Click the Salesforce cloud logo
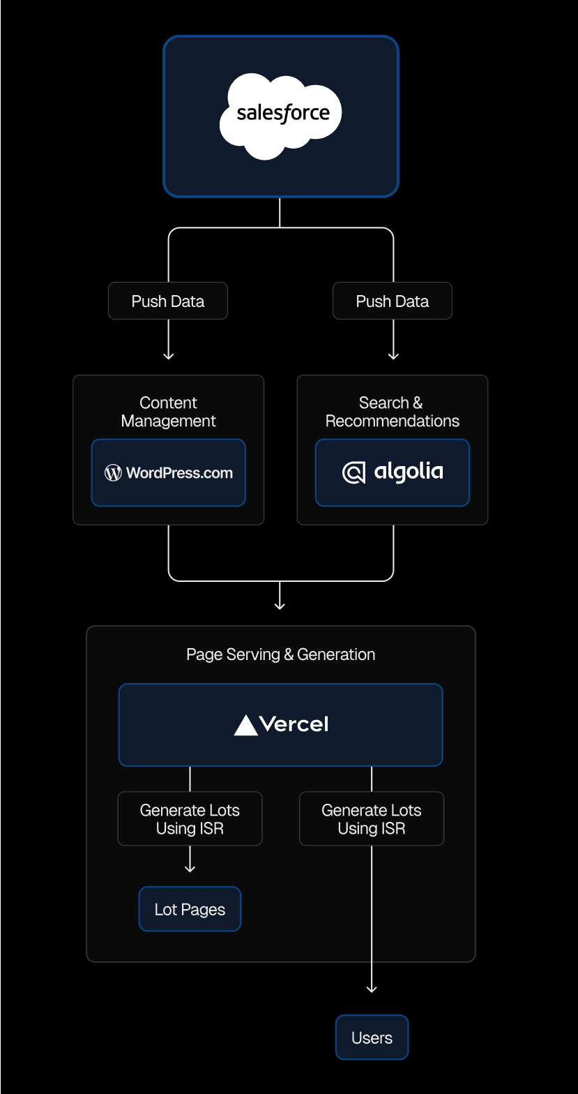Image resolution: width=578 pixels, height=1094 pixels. point(280,117)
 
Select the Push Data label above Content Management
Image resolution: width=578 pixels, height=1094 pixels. point(168,301)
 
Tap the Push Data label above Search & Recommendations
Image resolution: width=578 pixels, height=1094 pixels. point(393,301)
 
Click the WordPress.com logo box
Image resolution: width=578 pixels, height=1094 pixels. point(168,472)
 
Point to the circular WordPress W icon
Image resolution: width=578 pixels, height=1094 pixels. point(113,473)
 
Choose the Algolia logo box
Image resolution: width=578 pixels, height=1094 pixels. point(393,472)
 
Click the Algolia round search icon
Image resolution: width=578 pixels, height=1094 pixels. point(354,473)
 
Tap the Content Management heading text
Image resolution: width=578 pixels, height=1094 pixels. point(168,412)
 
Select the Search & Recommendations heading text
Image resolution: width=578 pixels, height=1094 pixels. point(393,412)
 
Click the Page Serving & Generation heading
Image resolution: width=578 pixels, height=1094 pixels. point(280,654)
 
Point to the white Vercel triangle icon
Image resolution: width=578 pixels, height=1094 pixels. point(246,726)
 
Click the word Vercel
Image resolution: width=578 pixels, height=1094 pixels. point(294,724)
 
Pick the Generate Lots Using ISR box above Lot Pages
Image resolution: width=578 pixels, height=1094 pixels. point(190,819)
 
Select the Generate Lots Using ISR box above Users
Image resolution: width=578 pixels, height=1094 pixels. point(372,819)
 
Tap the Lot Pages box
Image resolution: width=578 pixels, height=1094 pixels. point(190,909)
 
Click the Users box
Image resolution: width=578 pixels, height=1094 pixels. point(372,1037)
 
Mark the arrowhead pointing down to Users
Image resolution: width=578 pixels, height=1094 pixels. point(372,989)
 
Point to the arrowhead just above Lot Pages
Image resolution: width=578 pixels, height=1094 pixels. point(190,868)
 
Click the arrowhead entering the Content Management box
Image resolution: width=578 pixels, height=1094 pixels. point(168,356)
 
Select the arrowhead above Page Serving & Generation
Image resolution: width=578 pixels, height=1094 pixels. point(280,606)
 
